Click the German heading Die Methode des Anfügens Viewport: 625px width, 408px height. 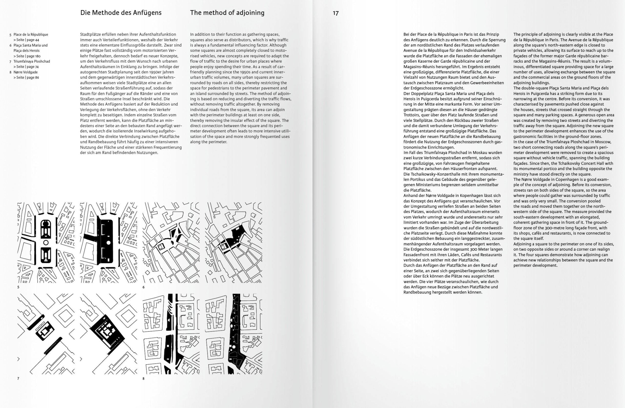pyautogui.click(x=121, y=13)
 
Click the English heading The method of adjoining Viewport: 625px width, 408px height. pyautogui.click(x=227, y=13)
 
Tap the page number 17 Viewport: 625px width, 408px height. pyautogui.click(x=336, y=13)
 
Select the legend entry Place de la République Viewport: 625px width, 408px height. pyautogui.click(x=31, y=34)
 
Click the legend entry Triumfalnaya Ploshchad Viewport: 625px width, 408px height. pyautogui.click(x=31, y=61)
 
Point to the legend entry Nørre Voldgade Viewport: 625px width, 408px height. pyautogui.click(x=25, y=72)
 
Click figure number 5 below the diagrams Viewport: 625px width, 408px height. pyautogui.click(x=18, y=287)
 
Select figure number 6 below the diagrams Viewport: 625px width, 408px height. pyautogui.click(x=144, y=287)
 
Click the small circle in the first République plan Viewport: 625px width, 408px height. pyautogui.click(x=46, y=242)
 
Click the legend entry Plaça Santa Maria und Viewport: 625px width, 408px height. pyautogui.click(x=31, y=45)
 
